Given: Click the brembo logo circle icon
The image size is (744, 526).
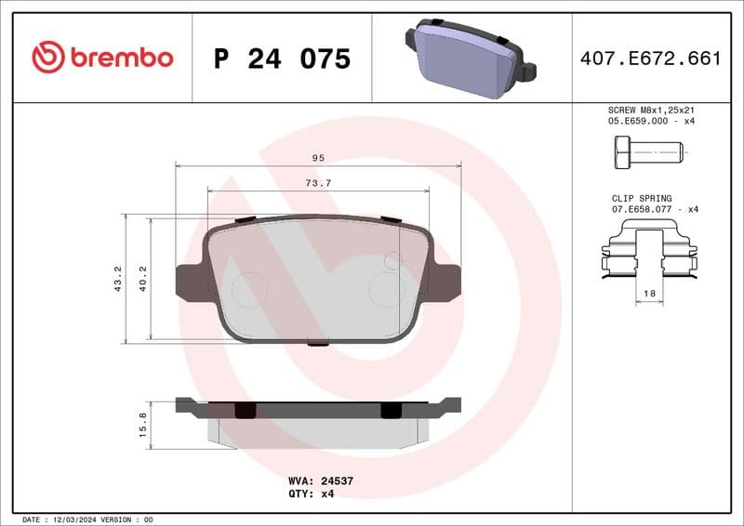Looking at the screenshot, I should pos(47,58).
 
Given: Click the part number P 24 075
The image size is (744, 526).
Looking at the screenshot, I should pos(282,59).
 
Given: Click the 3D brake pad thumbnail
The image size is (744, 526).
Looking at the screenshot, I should pos(470,58).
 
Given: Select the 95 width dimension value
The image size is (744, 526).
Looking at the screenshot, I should pos(318,158).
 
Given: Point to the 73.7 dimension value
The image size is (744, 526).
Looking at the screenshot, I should pos(318,183).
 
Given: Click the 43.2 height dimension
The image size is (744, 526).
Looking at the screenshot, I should pos(117,279).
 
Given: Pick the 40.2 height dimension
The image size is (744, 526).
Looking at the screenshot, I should pos(143,279).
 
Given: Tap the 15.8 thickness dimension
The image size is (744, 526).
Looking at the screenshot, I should pos(142,424).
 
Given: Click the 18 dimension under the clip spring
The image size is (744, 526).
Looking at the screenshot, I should pos(649,293).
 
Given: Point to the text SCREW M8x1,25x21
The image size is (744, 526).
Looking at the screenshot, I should pos(650,110).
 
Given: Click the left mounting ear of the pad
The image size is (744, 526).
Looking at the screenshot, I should pos(193,281).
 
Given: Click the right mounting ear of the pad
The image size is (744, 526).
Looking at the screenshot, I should pos(444,281).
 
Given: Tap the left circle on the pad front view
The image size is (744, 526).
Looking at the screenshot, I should pos(249,290).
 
